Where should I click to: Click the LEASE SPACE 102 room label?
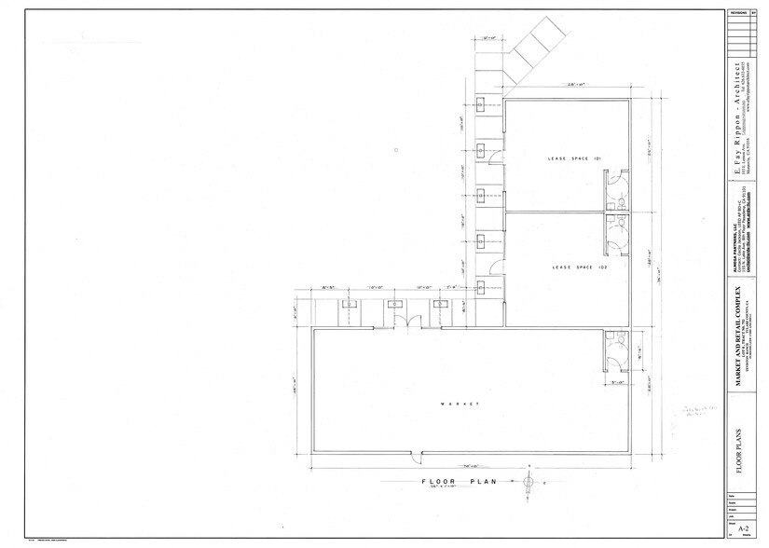pos(567,267)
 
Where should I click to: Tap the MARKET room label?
pos(460,404)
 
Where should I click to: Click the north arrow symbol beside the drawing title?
pos(529,482)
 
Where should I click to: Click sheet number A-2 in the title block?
pos(743,528)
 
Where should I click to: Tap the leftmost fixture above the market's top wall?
pos(352,304)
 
